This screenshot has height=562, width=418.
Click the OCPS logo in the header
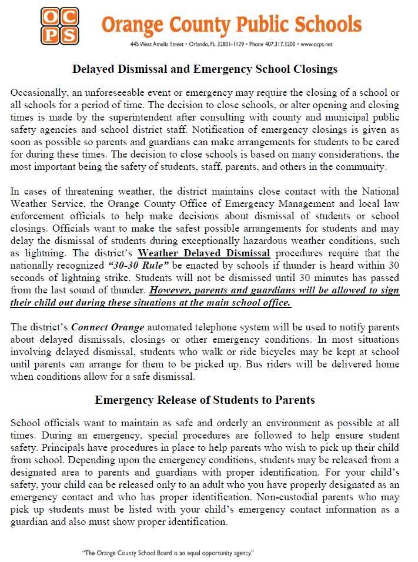coord(59,26)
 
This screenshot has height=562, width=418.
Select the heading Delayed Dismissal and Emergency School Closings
coord(205,69)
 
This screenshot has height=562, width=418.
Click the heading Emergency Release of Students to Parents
coord(205,400)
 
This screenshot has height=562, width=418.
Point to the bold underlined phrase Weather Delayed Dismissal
coord(204,253)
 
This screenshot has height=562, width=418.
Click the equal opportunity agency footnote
coord(168,553)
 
